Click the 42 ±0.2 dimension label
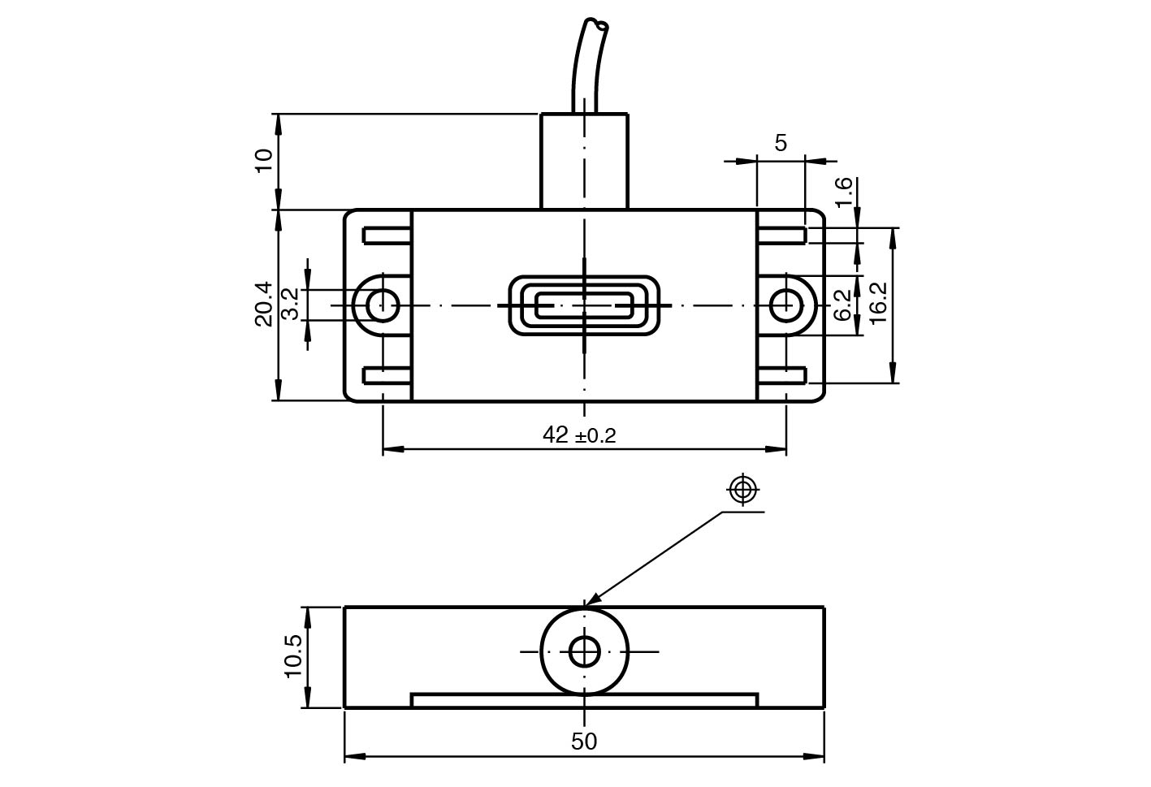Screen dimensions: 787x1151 click(x=579, y=435)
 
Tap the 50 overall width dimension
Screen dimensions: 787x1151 click(x=584, y=742)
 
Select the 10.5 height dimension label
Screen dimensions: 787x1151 click(x=293, y=655)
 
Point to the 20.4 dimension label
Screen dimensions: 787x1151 click(x=264, y=304)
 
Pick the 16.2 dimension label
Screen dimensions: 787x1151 click(x=879, y=304)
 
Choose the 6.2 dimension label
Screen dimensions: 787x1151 click(x=845, y=305)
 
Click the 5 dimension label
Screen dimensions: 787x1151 click(x=781, y=144)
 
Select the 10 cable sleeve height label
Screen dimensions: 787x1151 click(x=264, y=160)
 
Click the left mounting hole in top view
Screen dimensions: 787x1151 click(x=381, y=305)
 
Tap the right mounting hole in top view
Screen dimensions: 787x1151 click(x=785, y=305)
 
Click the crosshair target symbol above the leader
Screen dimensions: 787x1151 click(x=743, y=490)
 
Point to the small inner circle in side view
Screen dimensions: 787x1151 click(x=584, y=651)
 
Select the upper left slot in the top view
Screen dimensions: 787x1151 click(x=388, y=236)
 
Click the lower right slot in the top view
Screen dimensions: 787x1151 click(x=781, y=376)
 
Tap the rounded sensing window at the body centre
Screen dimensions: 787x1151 click(x=584, y=305)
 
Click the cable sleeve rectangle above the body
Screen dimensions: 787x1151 click(x=584, y=162)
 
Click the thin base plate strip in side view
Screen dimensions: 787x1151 click(x=584, y=700)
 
